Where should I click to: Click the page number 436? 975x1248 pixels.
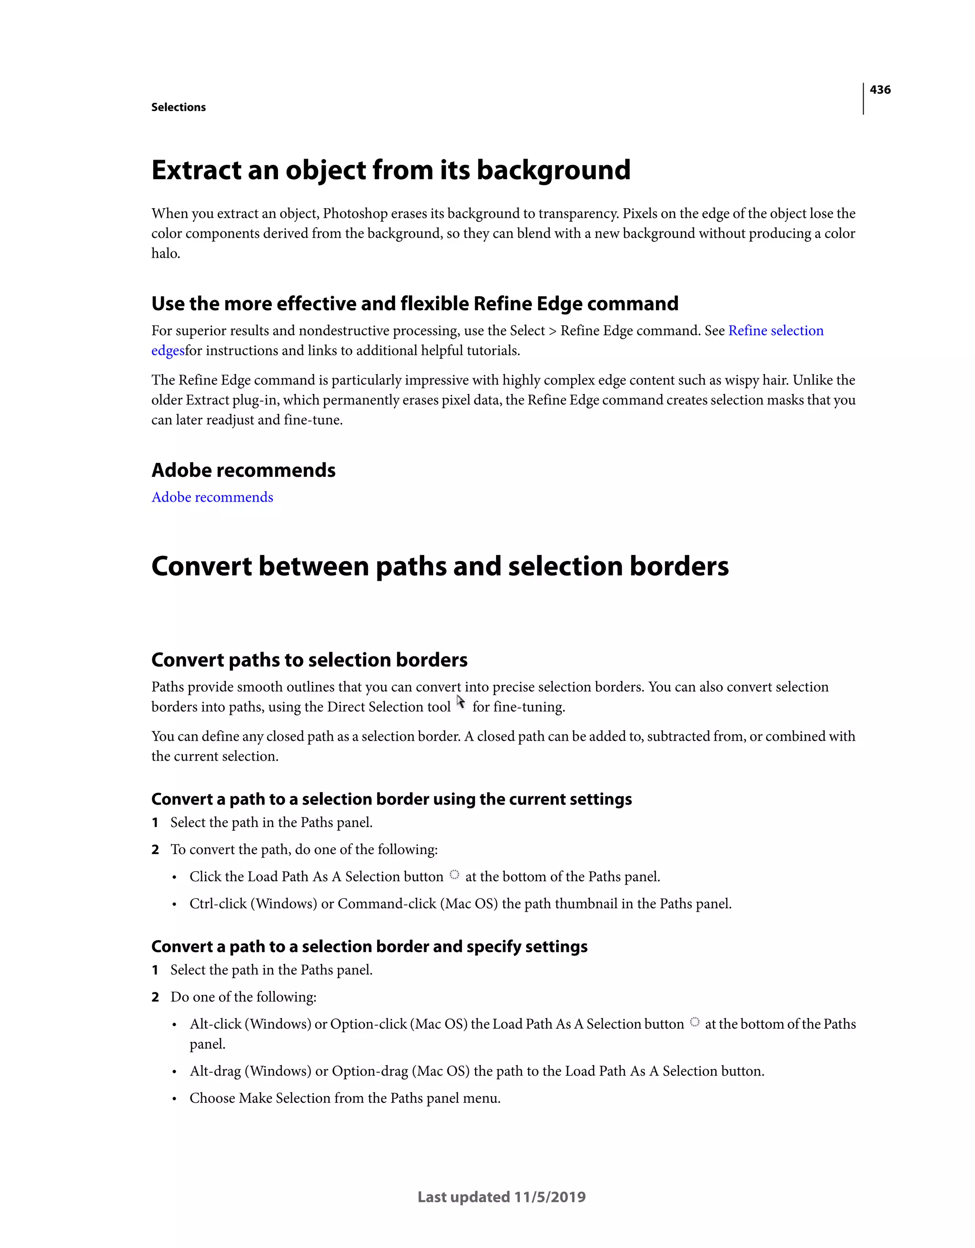click(880, 90)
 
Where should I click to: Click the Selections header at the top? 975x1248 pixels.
click(178, 108)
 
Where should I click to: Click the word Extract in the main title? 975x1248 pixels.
click(196, 170)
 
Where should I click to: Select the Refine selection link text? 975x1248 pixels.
click(775, 331)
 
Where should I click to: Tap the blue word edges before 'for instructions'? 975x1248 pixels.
click(168, 351)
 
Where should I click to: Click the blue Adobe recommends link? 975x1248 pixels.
click(212, 497)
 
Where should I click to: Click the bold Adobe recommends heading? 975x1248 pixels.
click(243, 470)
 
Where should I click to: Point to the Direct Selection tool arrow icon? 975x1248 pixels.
click(461, 703)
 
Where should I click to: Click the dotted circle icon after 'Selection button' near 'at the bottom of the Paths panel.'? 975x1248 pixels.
click(454, 874)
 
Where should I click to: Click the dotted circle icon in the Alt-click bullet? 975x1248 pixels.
click(694, 1022)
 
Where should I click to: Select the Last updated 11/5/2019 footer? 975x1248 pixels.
click(501, 1197)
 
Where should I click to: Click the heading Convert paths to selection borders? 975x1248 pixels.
click(309, 660)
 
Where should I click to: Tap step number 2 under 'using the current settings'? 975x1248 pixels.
click(155, 850)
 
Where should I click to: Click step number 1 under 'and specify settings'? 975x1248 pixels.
click(155, 970)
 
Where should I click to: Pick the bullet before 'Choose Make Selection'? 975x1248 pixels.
click(174, 1099)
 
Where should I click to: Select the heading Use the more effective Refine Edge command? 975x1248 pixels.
click(415, 303)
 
